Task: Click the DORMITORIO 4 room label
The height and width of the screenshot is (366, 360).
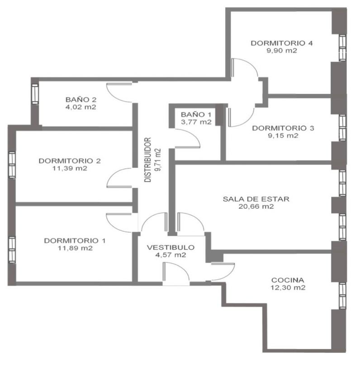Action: [x=281, y=43]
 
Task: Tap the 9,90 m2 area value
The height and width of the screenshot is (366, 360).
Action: [x=282, y=51]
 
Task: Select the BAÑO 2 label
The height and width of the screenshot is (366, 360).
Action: [x=81, y=100]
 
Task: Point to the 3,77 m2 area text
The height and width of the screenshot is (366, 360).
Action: [x=196, y=122]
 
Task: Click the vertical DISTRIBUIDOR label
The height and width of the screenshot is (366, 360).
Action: [x=147, y=160]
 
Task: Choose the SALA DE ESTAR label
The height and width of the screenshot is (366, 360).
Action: [x=256, y=199]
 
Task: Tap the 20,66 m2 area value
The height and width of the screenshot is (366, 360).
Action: [x=256, y=206]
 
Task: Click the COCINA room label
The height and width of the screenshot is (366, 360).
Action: [x=288, y=280]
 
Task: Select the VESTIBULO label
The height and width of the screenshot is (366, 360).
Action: [x=171, y=248]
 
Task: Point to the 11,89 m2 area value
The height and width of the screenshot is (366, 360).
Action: [x=75, y=248]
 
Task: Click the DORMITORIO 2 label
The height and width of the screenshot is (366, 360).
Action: [x=70, y=161]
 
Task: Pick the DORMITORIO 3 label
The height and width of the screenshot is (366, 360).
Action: [x=283, y=128]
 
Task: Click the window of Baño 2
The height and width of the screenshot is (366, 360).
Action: [x=35, y=94]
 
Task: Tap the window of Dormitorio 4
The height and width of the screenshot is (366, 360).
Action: [x=342, y=48]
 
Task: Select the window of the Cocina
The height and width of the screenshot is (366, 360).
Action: [x=342, y=296]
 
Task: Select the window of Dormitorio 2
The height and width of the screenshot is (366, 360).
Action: [x=12, y=165]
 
